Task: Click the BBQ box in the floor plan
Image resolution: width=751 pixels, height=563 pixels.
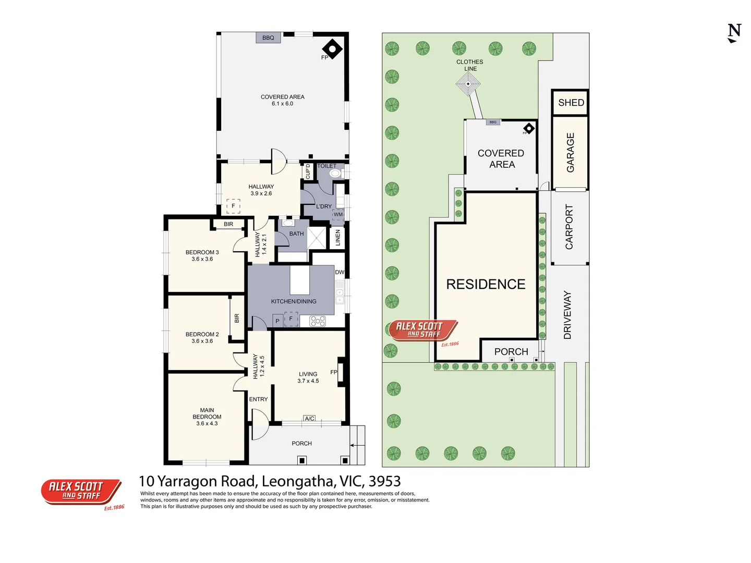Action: tap(268, 38)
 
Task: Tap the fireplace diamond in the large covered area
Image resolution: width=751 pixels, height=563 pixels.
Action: tap(332, 49)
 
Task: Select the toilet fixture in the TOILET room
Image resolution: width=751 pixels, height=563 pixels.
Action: tap(335, 173)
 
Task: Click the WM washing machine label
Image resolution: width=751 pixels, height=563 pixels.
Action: tap(338, 214)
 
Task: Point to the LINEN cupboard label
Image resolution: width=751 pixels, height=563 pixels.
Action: tap(338, 238)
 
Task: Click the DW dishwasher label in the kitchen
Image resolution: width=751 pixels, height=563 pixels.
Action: tap(340, 272)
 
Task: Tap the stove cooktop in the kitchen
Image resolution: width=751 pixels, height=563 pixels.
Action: tap(318, 321)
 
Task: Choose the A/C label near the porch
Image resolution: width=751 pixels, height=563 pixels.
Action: tap(309, 419)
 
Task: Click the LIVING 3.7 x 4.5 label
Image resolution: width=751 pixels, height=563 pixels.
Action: tap(308, 377)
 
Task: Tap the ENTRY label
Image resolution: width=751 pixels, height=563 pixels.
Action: tap(258, 399)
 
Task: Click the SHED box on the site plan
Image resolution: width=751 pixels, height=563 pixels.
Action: tap(571, 103)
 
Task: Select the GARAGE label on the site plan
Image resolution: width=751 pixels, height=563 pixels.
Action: tap(571, 152)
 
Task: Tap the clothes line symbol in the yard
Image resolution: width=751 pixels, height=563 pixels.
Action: tap(468, 84)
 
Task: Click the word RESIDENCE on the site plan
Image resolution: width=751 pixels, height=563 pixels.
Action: tap(486, 284)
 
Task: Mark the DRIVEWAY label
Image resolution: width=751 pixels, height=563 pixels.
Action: tap(567, 315)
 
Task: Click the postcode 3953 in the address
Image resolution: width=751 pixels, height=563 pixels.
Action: tap(384, 481)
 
